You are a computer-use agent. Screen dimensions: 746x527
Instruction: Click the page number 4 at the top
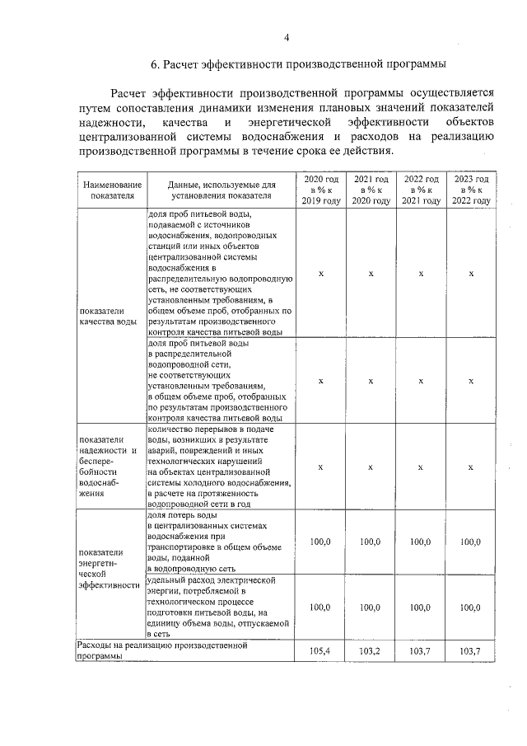point(286,37)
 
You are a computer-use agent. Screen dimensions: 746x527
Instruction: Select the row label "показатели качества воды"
point(108,317)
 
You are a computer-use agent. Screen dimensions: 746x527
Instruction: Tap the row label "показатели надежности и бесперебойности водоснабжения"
point(108,467)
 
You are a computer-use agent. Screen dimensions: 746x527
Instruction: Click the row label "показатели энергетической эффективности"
point(108,569)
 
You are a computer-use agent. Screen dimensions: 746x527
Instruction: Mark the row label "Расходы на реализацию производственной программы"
point(161,650)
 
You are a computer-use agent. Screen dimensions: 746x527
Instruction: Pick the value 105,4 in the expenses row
point(320,651)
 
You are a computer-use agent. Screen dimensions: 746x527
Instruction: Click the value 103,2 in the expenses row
point(371,651)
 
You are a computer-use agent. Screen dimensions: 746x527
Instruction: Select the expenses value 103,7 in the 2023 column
point(471,651)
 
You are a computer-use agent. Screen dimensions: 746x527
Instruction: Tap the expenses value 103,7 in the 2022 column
point(421,651)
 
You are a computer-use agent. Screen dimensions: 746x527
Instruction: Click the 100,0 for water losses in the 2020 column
point(320,542)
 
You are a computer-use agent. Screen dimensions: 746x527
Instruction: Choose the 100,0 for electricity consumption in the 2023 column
point(471,608)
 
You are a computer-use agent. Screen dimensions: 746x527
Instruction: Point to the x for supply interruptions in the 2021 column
point(371,467)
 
